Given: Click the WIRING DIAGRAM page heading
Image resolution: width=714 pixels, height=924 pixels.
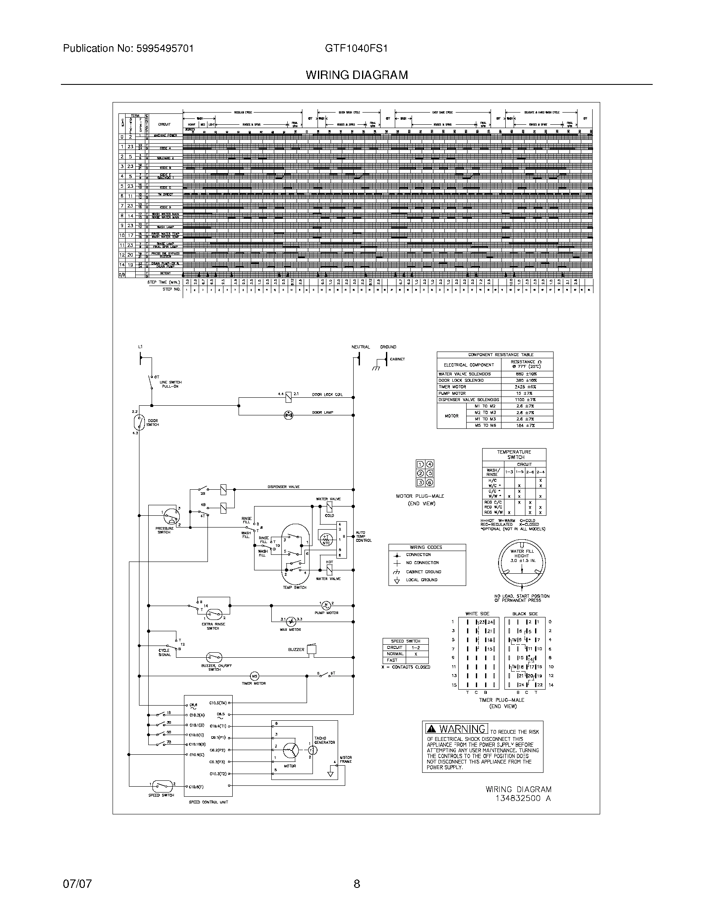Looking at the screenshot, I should click(x=357, y=75).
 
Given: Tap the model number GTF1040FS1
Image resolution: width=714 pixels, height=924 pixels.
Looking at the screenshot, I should click(x=356, y=48).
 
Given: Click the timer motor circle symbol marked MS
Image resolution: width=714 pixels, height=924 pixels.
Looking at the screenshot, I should click(x=255, y=676).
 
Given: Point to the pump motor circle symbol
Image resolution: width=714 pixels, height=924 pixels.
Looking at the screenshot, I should click(x=326, y=604).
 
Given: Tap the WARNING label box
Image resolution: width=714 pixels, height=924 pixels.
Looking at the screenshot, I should click(x=457, y=729).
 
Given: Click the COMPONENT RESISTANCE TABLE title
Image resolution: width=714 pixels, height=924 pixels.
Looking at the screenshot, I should click(x=494, y=354).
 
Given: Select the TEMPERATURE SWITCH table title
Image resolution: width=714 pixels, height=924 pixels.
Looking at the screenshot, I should click(x=514, y=454).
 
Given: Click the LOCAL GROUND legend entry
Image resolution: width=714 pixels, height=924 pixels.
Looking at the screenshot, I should click(x=421, y=580).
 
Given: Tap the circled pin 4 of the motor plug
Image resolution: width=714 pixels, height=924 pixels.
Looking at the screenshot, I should click(x=430, y=464).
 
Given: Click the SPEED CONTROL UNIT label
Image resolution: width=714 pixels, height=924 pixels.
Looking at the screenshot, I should click(x=208, y=802).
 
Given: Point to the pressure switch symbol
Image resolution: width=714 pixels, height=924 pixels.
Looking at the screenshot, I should click(x=172, y=516).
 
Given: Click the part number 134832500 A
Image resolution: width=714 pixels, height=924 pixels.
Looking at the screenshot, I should click(x=523, y=798).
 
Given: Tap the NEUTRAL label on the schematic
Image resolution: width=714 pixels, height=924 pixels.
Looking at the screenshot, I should click(x=360, y=347).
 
